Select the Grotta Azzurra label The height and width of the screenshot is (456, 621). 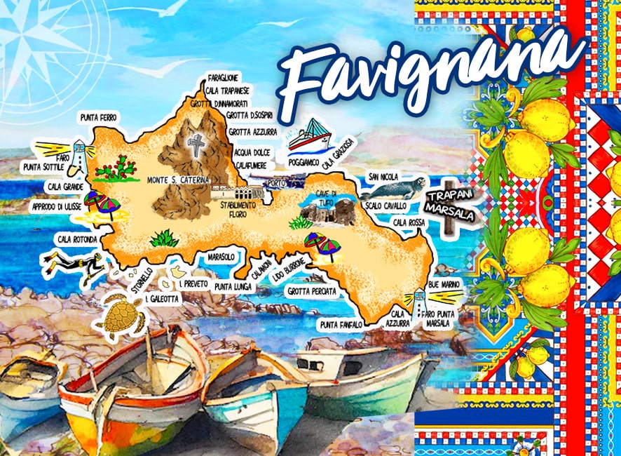click(253, 131)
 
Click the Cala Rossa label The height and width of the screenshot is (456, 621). click(409, 222)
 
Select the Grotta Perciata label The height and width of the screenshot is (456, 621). click(312, 290)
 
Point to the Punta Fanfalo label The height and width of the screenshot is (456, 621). click(341, 325)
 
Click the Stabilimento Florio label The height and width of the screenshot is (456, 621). click(238, 208)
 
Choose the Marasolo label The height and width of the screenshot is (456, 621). click(221, 257)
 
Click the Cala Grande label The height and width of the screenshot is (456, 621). click(66, 187)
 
